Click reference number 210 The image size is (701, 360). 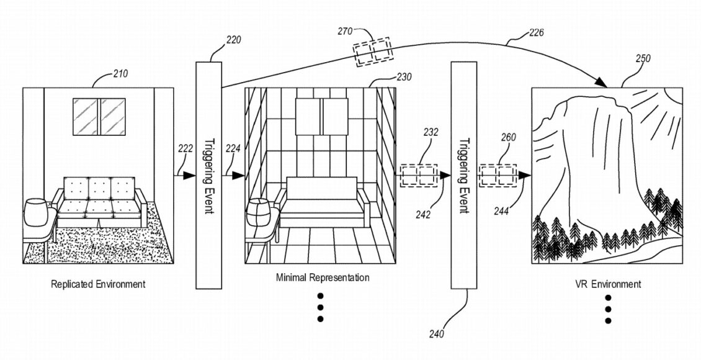coord(119,73)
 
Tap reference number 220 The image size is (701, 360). coord(233,40)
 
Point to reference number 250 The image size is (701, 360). coord(643,58)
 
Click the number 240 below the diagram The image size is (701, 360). coord(436,333)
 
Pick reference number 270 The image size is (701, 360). coord(345,31)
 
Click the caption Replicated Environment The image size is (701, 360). coord(98,284)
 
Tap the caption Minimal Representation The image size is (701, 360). coord(323,277)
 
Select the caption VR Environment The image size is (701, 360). coord(608,284)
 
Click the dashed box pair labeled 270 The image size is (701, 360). coord(373,53)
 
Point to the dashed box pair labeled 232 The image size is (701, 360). coord(419,176)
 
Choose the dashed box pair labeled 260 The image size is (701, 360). coord(498,176)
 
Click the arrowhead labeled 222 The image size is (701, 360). coord(190,176)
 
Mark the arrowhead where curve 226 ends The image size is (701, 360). coord(601,83)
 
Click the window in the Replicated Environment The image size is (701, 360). coord(99,117)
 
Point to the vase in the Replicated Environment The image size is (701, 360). coord(35,212)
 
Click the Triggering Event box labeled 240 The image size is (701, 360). coord(463,175)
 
